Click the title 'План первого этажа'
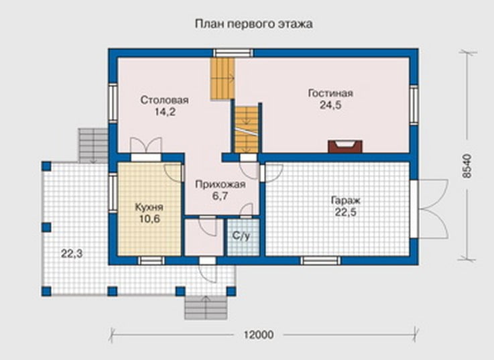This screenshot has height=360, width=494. pos(253,24)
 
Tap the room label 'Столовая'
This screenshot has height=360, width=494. pos(164,100)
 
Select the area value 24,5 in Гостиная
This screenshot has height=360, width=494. pos(330,105)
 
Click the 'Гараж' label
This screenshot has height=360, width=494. pos(345,200)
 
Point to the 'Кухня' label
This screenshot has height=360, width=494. pos(149,207)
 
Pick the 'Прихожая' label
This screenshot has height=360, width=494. pos(221,184)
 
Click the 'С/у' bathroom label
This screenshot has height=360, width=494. pos(241,235)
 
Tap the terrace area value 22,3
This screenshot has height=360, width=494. pos(72,253)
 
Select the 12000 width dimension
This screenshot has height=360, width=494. pos(258,335)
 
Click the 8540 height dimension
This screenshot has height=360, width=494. pos(468,166)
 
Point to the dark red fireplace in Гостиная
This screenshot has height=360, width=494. pos(345,147)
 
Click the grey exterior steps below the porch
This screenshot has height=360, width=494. pos(206,307)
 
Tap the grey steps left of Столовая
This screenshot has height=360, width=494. pos(93,145)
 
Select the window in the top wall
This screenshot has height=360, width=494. pos(233,53)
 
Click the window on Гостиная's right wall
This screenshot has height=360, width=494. pos(414,104)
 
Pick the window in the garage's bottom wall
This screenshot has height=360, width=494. pos(320,261)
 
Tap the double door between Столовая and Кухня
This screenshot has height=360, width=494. pos(146,149)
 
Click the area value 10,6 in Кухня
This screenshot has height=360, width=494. pos(149,219)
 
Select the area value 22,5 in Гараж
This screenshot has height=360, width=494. pos(345,212)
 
